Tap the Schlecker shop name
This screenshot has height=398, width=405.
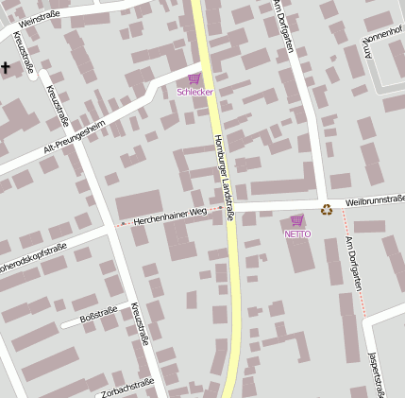194,92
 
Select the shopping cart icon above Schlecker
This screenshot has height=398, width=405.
194,79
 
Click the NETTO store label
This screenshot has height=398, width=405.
297,234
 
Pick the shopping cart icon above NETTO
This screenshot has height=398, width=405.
297,221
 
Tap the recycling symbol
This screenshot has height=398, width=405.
327,209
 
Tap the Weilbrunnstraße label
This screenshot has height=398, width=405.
376,200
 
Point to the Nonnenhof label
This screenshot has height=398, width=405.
383,38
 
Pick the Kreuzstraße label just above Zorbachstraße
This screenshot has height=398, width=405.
140,324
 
